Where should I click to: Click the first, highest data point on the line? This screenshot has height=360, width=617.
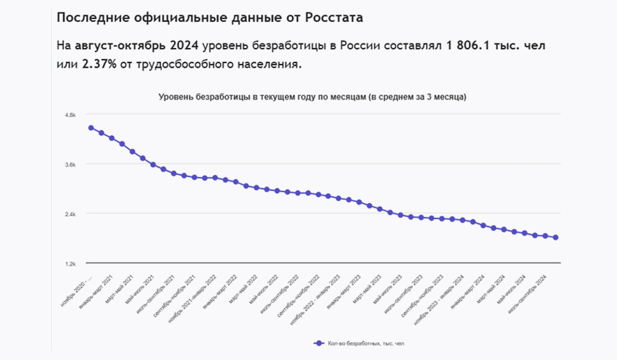[x=91, y=128]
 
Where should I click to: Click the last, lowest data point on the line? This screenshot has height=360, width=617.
[x=556, y=237]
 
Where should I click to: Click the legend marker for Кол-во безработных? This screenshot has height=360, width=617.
[x=319, y=343]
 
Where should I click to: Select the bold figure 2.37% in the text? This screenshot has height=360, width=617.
[x=100, y=65]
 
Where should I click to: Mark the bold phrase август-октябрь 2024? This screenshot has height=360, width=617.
[x=138, y=46]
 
